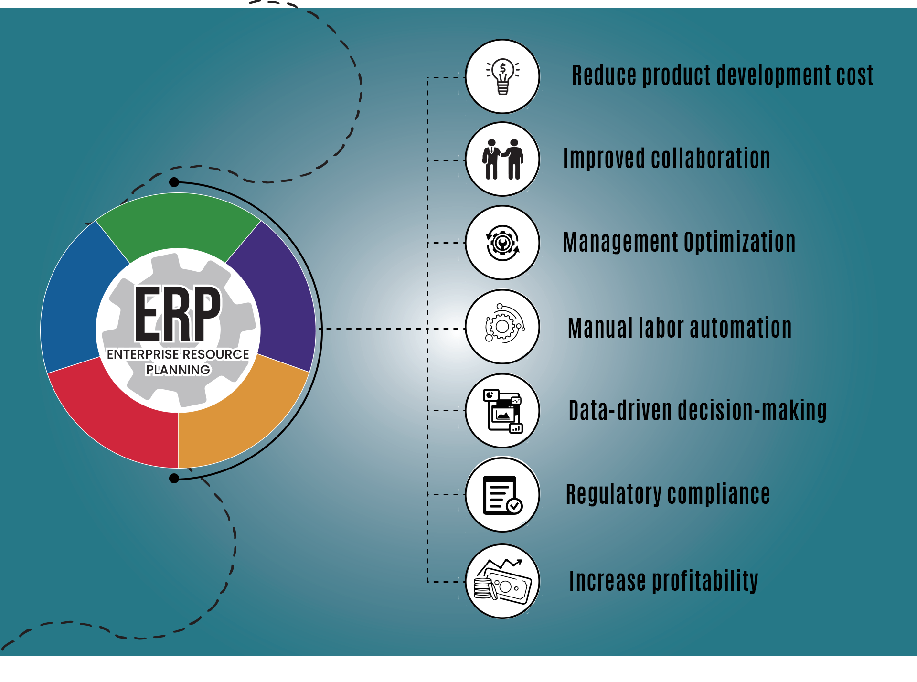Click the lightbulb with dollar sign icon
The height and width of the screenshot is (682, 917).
pyautogui.click(x=502, y=76)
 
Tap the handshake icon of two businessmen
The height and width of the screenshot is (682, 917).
pyautogui.click(x=502, y=159)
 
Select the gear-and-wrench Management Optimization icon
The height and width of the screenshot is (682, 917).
pyautogui.click(x=502, y=243)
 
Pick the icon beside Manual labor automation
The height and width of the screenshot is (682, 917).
pyautogui.click(x=502, y=327)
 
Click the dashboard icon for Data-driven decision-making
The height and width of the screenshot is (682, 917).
pyautogui.click(x=502, y=411)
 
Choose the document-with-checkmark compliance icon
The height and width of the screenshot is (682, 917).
pyautogui.click(x=502, y=495)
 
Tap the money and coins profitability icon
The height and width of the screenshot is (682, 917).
pyautogui.click(x=502, y=581)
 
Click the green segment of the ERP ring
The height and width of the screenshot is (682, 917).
pyautogui.click(x=178, y=220)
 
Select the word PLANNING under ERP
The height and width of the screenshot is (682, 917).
pyautogui.click(x=178, y=370)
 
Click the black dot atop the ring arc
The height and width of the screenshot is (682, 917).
pyautogui.click(x=174, y=182)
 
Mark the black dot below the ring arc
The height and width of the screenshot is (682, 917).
pyautogui.click(x=174, y=478)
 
